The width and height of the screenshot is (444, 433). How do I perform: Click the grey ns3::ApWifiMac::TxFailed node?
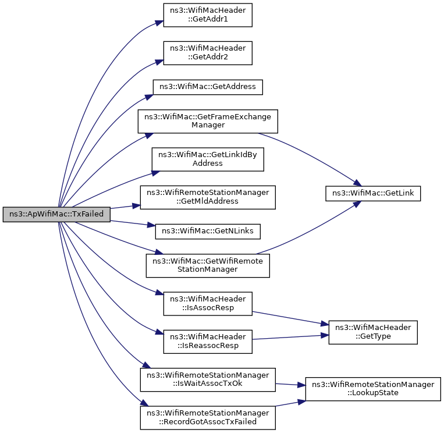[56, 214]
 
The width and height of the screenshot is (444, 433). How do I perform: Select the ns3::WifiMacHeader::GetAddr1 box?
[208, 15]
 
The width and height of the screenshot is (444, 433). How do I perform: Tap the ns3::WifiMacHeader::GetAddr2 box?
[208, 53]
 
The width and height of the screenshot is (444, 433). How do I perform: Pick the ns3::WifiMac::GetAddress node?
[208, 87]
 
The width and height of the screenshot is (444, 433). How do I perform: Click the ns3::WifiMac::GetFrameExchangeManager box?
[208, 121]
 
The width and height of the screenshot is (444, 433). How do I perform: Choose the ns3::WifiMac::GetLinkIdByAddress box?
[208, 159]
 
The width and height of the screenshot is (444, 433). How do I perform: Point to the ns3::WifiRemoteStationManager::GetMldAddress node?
[208, 197]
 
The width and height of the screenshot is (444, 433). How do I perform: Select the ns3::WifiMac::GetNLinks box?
[208, 232]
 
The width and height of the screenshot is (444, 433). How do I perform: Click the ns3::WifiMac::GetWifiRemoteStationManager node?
[208, 265]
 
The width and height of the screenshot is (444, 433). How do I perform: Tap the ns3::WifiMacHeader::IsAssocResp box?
[208, 304]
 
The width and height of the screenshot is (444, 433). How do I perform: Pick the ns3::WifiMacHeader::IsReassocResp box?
[208, 342]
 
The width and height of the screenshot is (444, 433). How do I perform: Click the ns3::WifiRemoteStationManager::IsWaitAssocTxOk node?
[208, 380]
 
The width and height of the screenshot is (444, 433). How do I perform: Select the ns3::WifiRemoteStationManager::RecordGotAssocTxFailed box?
[208, 418]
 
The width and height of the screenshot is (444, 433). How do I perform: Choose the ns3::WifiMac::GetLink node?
[373, 193]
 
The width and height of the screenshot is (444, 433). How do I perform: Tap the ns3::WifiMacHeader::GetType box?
[373, 332]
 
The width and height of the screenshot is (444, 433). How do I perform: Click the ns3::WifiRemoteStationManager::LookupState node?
[373, 389]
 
